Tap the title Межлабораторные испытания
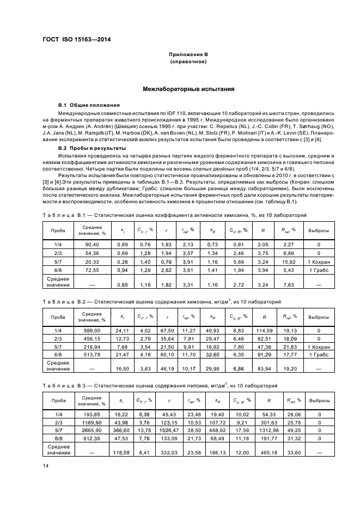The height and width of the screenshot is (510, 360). coord(188,88)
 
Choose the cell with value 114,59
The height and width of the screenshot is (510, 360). coord(264,332)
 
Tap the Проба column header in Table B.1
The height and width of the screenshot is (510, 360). coord(58,231)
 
